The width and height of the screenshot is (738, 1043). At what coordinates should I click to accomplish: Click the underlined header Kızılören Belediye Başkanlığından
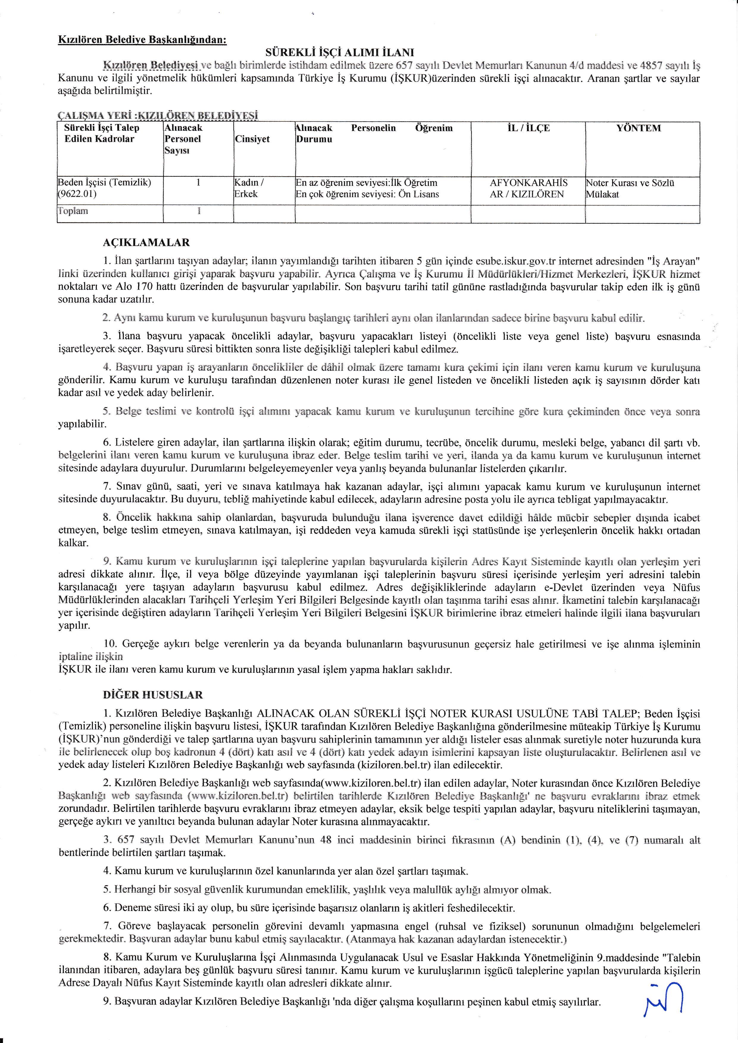(142, 40)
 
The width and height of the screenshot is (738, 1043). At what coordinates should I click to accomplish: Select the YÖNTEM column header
(639, 128)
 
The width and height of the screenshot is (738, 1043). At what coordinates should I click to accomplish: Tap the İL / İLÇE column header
(528, 128)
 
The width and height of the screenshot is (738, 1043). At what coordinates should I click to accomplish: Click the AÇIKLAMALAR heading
(146, 243)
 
